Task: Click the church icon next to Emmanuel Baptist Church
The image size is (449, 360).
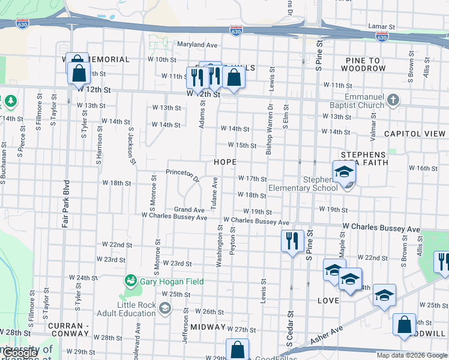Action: pyautogui.click(x=393, y=100)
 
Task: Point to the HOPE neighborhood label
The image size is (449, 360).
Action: pyautogui.click(x=225, y=163)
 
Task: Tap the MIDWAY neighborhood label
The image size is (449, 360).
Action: pyautogui.click(x=208, y=328)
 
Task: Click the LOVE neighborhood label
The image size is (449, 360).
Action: pyautogui.click(x=328, y=299)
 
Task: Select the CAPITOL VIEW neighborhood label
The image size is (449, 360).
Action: pyautogui.click(x=414, y=133)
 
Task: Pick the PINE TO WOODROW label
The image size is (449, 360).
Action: pyautogui.click(x=366, y=64)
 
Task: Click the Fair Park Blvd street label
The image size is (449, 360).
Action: pyautogui.click(x=65, y=203)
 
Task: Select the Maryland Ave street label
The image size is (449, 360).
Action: pyautogui.click(x=196, y=44)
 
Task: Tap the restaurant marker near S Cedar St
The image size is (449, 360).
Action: pyautogui.click(x=292, y=241)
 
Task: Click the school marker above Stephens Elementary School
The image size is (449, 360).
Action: pyautogui.click(x=345, y=172)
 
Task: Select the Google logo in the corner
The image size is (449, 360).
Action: pyautogui.click(x=19, y=353)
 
